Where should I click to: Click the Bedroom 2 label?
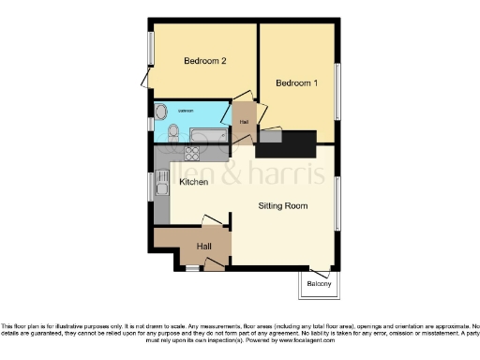[205, 62]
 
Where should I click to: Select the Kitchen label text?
[193, 182]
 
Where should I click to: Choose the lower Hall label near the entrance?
[203, 247]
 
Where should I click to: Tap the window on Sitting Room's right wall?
[337, 200]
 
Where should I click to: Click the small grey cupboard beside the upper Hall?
[270, 137]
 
